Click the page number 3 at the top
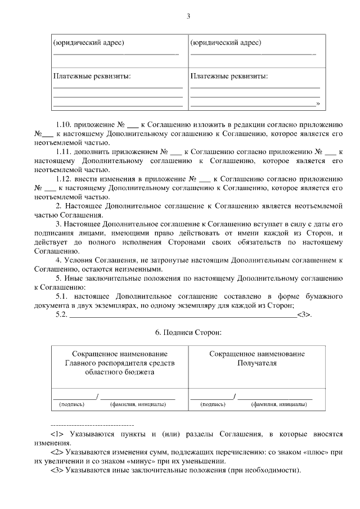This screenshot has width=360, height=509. (x=188, y=16)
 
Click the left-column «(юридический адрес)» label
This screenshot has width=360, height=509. (x=88, y=43)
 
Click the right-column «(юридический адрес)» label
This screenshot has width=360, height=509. (x=226, y=43)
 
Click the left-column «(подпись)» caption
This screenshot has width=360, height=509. (x=72, y=404)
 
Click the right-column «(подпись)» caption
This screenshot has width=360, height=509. (x=213, y=404)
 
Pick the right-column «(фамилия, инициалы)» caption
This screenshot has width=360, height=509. (x=278, y=404)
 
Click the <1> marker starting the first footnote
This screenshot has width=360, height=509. (x=57, y=434)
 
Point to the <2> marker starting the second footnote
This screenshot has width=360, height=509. (x=57, y=452)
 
